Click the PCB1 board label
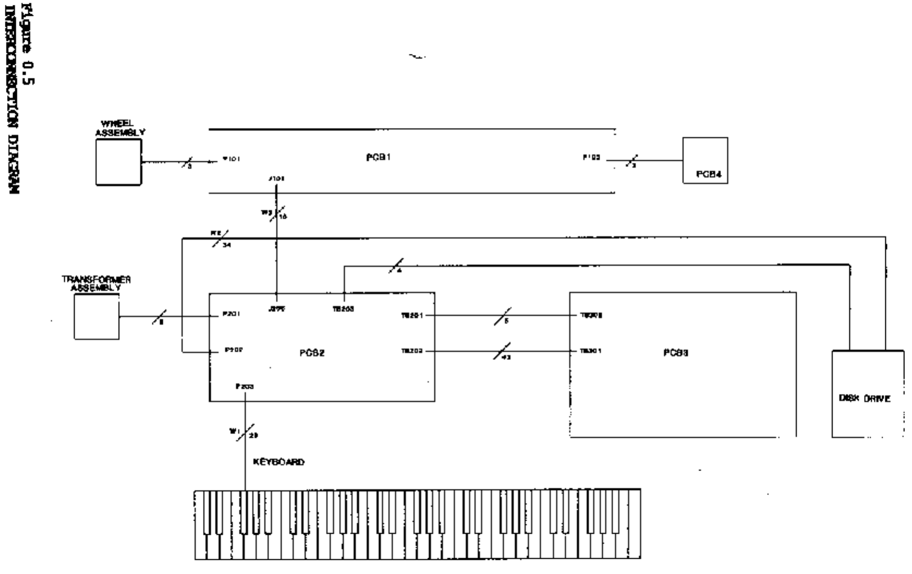(378, 158)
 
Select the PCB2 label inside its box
(312, 353)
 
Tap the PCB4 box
(705, 161)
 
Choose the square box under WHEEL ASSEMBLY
(119, 162)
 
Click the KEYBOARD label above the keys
(279, 462)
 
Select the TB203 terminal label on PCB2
(343, 309)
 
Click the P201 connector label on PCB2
(232, 314)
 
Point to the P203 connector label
(245, 387)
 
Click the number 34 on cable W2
(226, 246)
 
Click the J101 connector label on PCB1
(276, 178)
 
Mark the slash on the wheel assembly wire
(187, 161)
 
